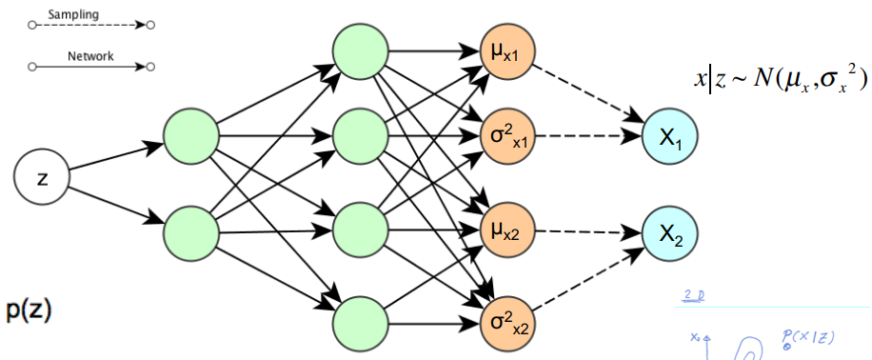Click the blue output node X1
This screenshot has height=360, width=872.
point(670,137)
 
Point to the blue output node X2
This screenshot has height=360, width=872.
point(670,232)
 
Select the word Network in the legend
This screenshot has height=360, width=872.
point(90,56)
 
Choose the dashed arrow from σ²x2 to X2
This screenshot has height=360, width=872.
point(590,275)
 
